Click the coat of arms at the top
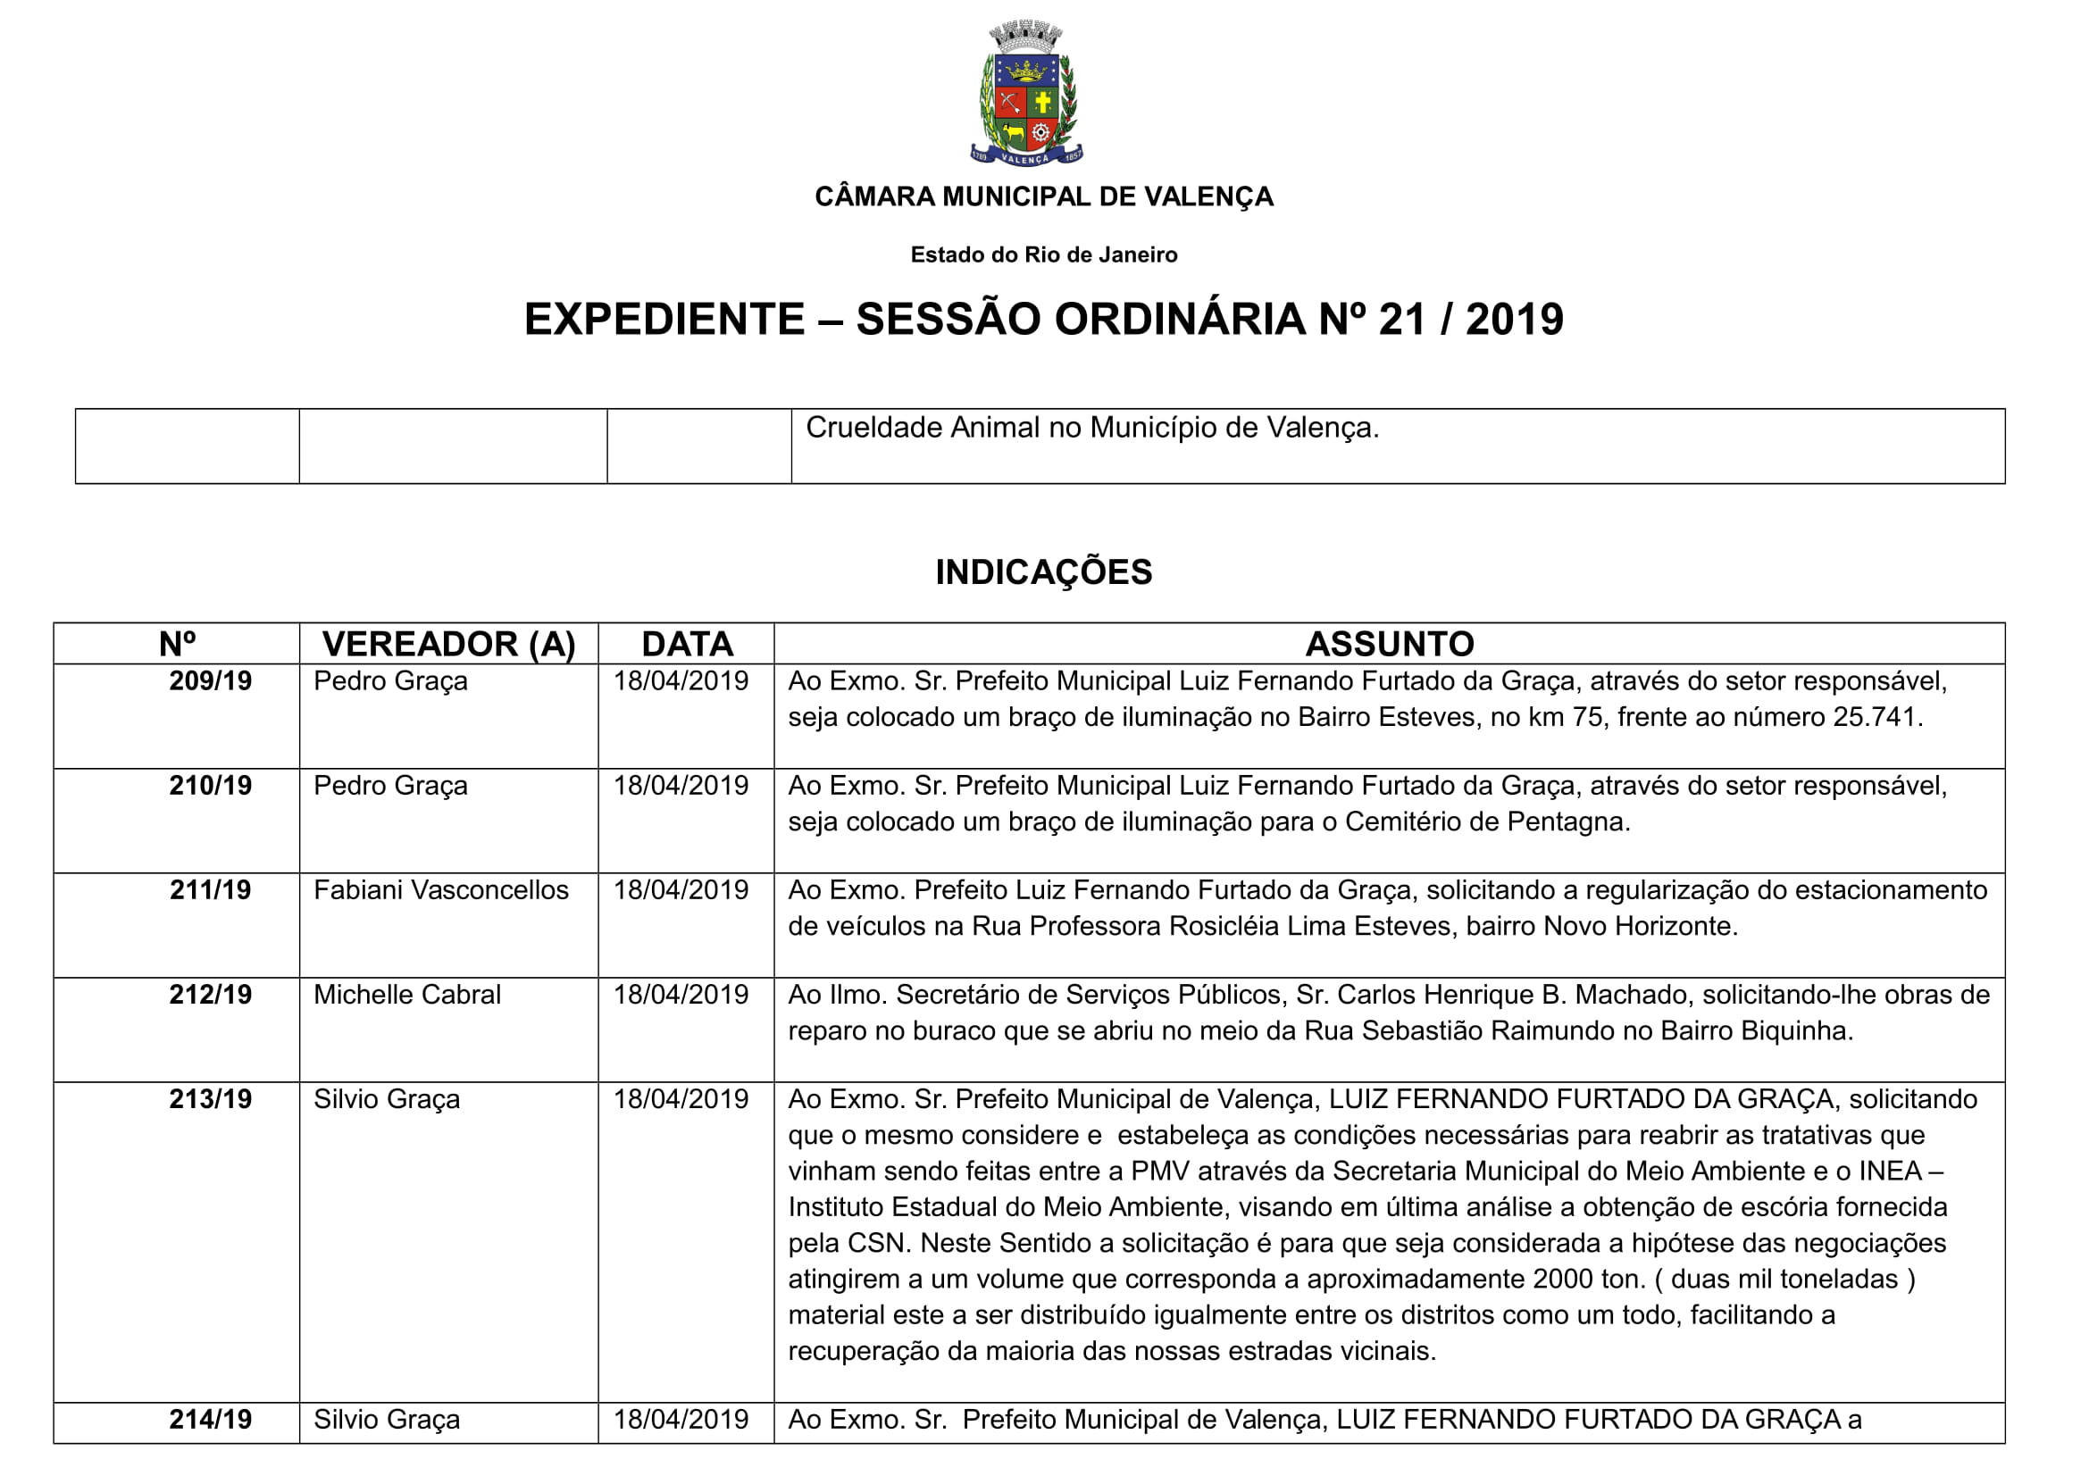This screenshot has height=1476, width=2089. tap(1026, 95)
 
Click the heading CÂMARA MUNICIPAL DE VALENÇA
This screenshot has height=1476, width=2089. tap(1043, 196)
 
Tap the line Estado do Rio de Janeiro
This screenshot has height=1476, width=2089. tap(1043, 254)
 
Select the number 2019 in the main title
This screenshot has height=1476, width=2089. tap(1514, 319)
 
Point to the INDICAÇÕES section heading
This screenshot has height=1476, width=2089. tap(1043, 572)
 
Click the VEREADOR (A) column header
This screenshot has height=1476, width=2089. tap(448, 644)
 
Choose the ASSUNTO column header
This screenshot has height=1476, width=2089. tap(1390, 644)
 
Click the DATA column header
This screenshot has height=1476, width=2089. tap(687, 644)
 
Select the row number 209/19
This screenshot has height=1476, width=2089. tap(210, 681)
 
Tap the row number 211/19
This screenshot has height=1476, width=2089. tap(210, 890)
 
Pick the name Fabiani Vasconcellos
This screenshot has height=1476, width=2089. tap(441, 890)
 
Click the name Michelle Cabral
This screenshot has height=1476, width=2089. tap(407, 995)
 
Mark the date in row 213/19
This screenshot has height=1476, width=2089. tap(681, 1099)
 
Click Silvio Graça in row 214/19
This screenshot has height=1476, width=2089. tap(387, 1420)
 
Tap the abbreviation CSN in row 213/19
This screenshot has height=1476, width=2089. tap(876, 1243)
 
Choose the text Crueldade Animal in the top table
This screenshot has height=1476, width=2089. tap(920, 428)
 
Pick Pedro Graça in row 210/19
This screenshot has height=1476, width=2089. tap(390, 786)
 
